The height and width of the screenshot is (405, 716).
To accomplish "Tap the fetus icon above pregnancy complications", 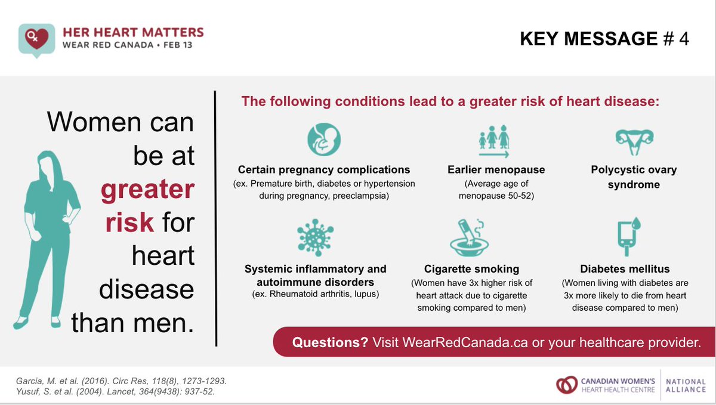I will pyautogui.click(x=323, y=140).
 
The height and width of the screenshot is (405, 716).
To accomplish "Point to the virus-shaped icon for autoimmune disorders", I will pyautogui.click(x=315, y=237).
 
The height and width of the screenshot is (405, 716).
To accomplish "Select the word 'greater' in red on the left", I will pyautogui.click(x=147, y=190).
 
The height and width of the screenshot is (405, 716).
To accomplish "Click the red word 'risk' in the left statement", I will pyautogui.click(x=129, y=222).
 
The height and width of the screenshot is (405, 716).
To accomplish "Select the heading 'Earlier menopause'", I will pyautogui.click(x=496, y=169).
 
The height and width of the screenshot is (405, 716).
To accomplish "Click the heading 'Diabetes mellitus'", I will pyautogui.click(x=625, y=268).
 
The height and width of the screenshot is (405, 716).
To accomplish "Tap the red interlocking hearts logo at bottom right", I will pyautogui.click(x=566, y=385).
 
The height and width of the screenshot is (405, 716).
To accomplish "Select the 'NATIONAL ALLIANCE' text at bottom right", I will pyautogui.click(x=686, y=385).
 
